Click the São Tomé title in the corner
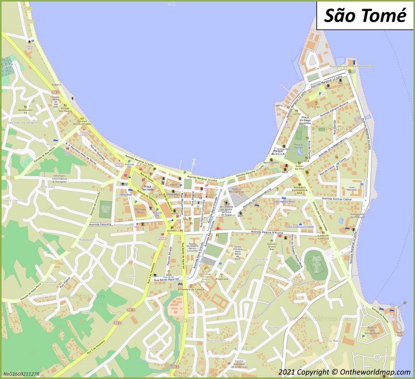(x=365, y=16)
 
